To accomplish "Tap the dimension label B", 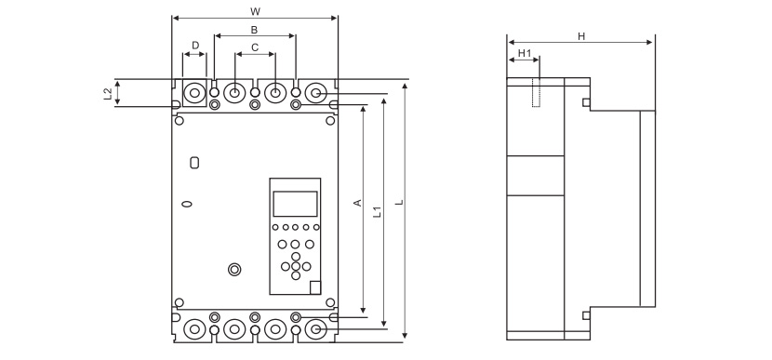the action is click(x=255, y=30).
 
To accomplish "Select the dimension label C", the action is click(x=255, y=47).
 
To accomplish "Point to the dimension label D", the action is click(x=195, y=46).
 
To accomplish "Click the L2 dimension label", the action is click(x=108, y=94).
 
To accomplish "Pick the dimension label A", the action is click(x=358, y=203).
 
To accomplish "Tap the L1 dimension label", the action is click(x=377, y=212).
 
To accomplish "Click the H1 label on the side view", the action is click(x=525, y=53).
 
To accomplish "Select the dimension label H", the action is click(x=581, y=36).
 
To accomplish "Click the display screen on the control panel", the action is click(x=296, y=204).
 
